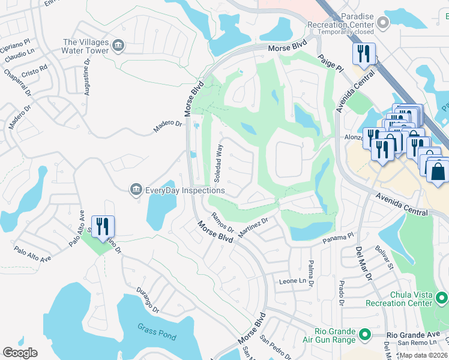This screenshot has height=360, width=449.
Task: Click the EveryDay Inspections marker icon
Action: coord(136,190)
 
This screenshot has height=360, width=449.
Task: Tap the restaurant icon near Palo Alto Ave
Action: coord(103,227)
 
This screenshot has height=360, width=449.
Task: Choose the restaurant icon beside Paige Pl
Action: coord(364,53)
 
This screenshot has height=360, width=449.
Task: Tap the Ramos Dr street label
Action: coord(222,222)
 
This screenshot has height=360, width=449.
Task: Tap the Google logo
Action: coord(20,353)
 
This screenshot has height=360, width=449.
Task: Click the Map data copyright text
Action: coord(423,355)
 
